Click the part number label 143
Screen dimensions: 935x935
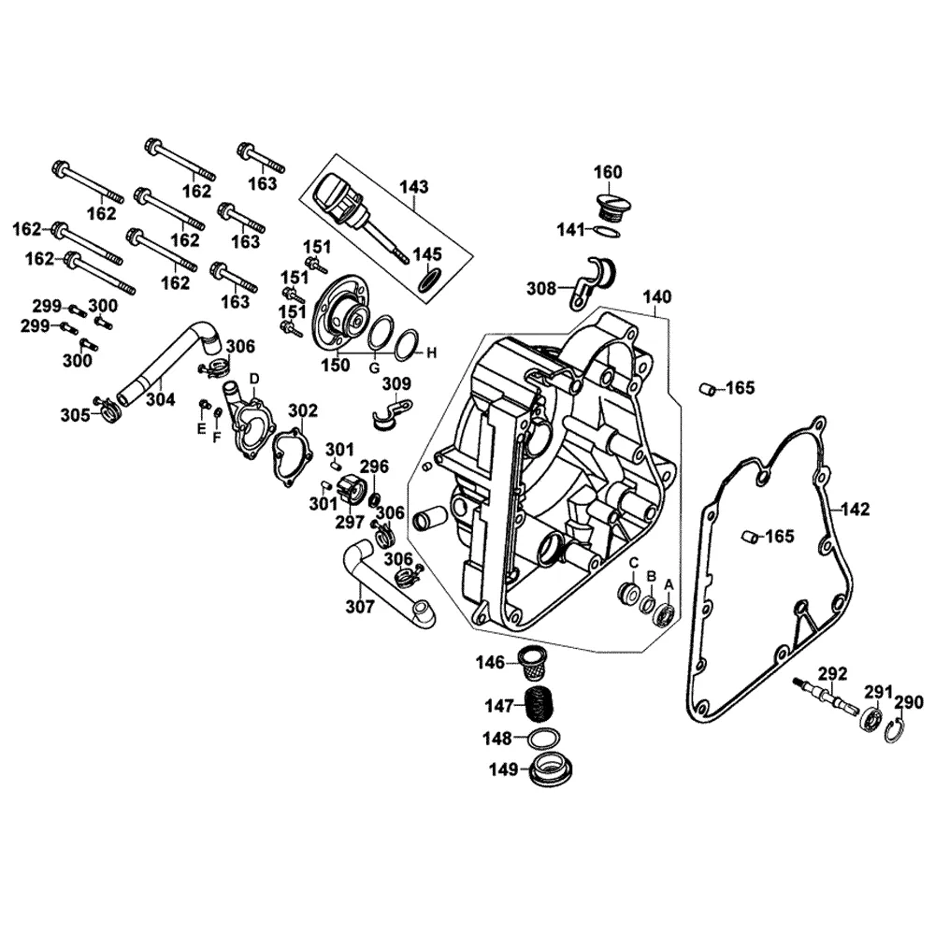click(x=414, y=187)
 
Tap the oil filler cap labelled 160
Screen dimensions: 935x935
click(x=610, y=206)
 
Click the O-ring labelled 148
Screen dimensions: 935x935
click(x=545, y=739)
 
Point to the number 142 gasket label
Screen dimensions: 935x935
click(x=856, y=510)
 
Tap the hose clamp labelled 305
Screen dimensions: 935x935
click(x=108, y=410)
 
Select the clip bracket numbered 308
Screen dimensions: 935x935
click(x=593, y=282)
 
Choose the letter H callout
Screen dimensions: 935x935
click(x=432, y=353)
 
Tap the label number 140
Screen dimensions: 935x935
click(x=656, y=296)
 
